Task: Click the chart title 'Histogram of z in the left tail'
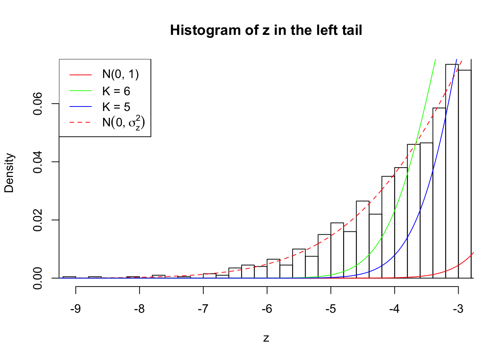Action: (266, 30)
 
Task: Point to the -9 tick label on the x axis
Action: (76, 309)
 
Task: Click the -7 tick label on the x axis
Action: (203, 309)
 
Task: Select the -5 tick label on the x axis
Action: (331, 309)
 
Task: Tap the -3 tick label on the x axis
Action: (458, 309)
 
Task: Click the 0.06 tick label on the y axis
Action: (38, 104)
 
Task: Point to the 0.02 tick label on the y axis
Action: (38, 220)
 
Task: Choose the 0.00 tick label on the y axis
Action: (38, 278)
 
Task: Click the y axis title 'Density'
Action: (9, 173)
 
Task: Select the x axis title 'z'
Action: (266, 338)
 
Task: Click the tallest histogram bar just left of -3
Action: (452, 172)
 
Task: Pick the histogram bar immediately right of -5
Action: (337, 251)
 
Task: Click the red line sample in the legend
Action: (80, 75)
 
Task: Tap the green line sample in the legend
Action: (80, 91)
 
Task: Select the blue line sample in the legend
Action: (80, 107)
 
